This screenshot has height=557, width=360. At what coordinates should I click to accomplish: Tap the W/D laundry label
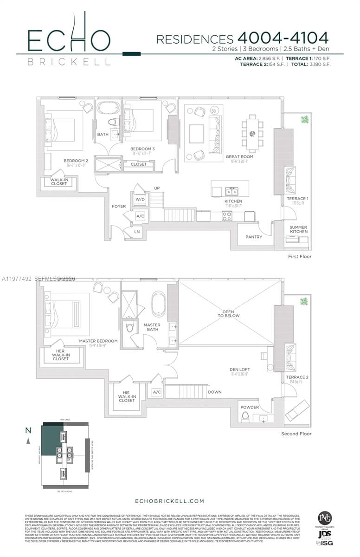(x=140, y=199)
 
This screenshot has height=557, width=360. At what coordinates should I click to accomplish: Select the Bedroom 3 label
(x=142, y=149)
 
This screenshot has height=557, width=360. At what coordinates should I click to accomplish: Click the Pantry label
(x=254, y=237)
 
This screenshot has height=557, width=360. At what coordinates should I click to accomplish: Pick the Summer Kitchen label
(x=298, y=229)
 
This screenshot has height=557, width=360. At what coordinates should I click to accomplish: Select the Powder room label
(x=250, y=407)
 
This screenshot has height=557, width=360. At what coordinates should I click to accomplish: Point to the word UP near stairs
(x=157, y=188)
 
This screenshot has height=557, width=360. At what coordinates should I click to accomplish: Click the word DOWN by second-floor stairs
(x=215, y=392)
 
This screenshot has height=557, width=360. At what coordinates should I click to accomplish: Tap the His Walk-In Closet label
(x=126, y=396)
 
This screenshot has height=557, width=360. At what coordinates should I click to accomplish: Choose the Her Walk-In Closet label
(x=61, y=355)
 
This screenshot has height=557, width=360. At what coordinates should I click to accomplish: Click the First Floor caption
(x=300, y=256)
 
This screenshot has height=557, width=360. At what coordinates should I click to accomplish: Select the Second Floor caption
(x=296, y=434)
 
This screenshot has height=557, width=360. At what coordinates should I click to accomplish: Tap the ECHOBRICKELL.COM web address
(x=169, y=501)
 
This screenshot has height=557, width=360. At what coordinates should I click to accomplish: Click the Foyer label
(x=118, y=206)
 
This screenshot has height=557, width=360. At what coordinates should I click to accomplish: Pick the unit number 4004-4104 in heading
(x=283, y=38)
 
